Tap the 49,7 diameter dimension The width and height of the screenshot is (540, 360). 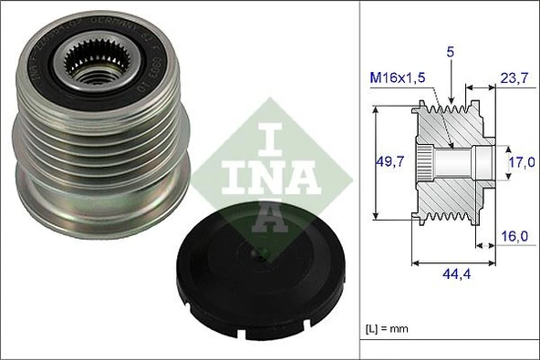tap(390, 162)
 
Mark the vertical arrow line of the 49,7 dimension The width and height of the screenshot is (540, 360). tap(375, 162)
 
